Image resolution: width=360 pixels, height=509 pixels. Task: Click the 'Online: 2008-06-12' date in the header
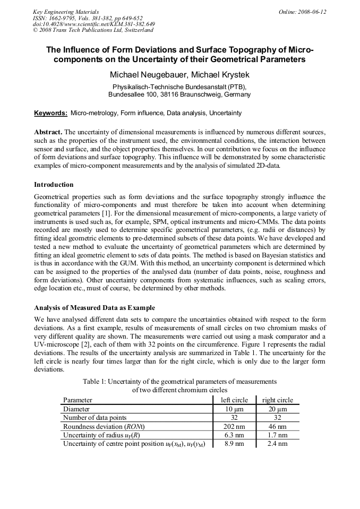[303, 12]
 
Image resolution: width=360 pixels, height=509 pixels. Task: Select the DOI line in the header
[94, 24]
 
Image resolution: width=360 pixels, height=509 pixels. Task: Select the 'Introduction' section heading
[54, 185]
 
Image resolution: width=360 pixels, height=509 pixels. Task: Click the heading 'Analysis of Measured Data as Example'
[95, 308]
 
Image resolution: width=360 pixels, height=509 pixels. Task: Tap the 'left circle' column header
[234, 400]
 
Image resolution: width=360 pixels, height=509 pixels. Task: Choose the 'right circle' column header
[278, 400]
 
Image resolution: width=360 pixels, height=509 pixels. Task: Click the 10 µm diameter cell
[234, 409]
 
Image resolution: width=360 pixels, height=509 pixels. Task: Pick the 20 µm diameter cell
[278, 409]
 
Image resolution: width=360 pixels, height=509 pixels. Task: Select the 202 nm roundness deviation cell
[234, 426]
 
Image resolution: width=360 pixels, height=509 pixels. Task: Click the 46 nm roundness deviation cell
[278, 426]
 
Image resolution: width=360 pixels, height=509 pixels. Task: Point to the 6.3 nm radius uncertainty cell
[234, 435]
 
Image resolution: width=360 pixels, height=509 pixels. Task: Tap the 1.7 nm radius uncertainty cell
[278, 435]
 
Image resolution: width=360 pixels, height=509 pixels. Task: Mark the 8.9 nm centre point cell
[234, 444]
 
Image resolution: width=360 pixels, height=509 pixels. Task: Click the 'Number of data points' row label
[95, 418]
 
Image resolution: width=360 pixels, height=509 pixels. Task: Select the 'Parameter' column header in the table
[78, 400]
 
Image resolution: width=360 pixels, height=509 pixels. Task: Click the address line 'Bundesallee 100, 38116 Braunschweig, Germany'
[179, 94]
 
